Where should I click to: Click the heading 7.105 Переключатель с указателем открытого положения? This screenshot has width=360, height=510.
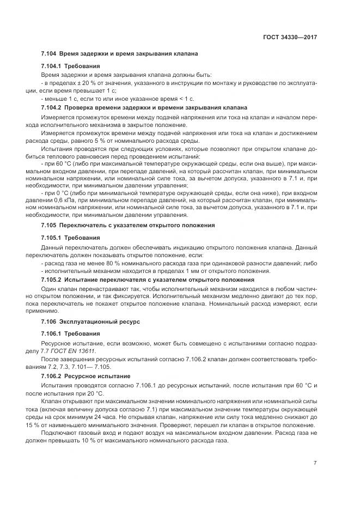point(128,224)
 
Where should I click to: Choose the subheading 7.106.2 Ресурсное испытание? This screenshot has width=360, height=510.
point(86,376)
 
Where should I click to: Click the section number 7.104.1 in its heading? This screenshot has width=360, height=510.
point(52,66)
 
